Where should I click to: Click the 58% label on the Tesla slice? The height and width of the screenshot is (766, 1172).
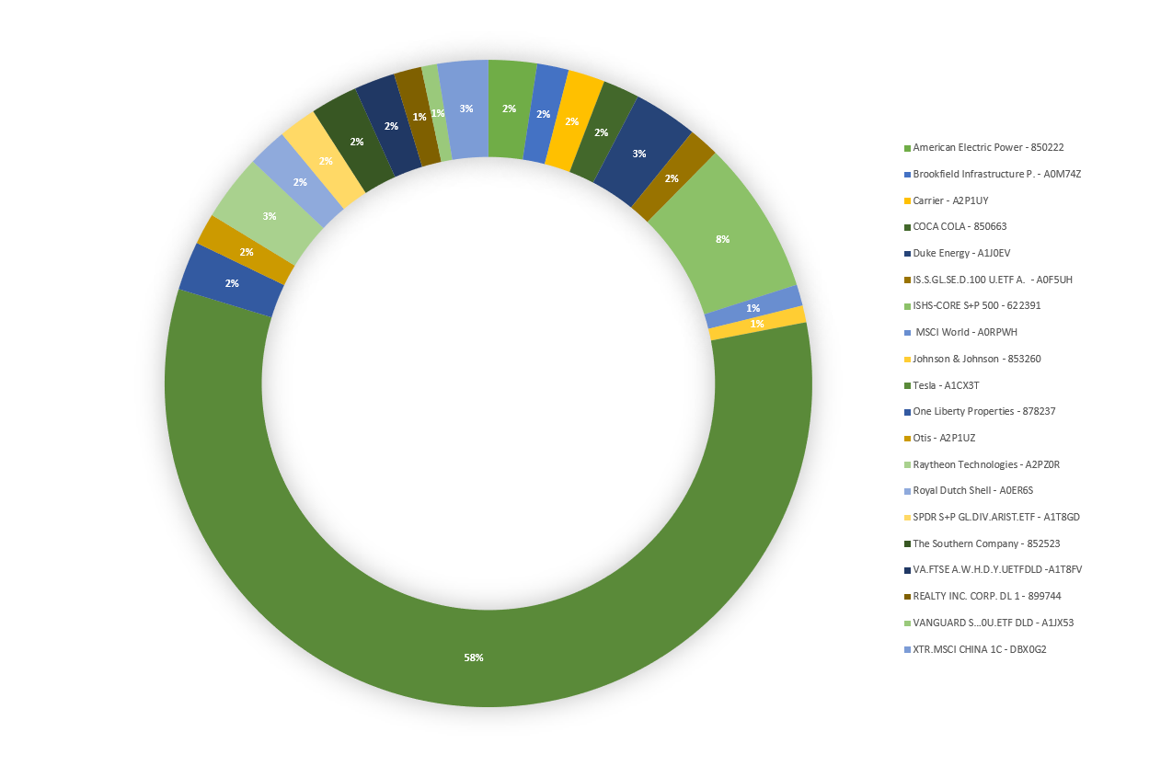click(474, 657)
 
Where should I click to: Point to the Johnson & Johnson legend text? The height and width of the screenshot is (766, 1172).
click(976, 359)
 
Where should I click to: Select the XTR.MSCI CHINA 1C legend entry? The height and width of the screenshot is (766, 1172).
click(979, 649)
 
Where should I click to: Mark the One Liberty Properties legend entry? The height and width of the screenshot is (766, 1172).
click(983, 411)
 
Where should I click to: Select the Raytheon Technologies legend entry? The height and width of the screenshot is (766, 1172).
click(985, 464)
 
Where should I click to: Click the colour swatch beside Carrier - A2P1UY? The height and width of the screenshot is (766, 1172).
click(907, 200)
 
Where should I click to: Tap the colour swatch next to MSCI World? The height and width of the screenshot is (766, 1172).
click(907, 332)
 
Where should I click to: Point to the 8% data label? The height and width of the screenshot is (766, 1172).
click(722, 239)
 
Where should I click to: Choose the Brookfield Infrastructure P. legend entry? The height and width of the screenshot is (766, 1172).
click(996, 174)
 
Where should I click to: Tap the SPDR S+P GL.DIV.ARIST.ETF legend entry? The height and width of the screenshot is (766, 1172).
click(995, 517)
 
